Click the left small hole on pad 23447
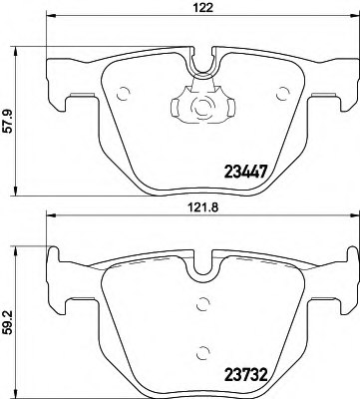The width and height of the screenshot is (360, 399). (124, 97)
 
